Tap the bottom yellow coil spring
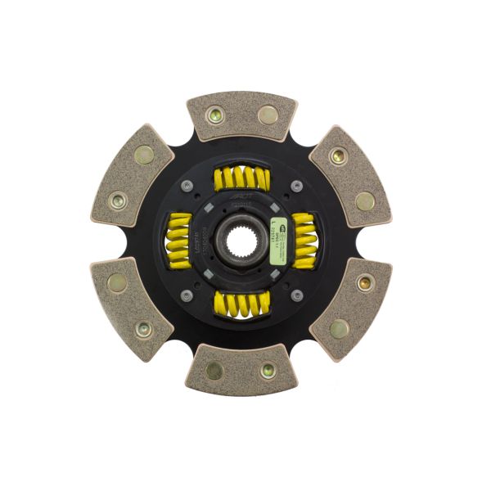click(241, 304)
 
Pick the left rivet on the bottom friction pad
click(214, 370)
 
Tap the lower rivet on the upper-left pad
click(119, 199)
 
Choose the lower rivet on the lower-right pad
click(339, 328)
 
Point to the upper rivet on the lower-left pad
click(117, 283)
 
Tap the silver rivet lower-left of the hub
click(187, 295)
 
